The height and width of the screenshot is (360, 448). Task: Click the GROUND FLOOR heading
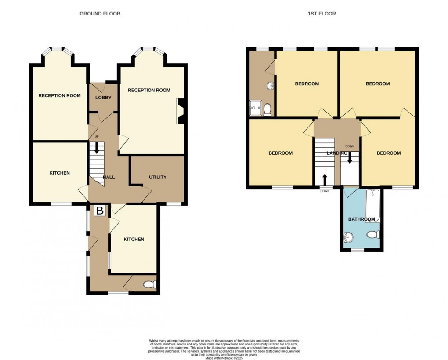[x=100, y=14]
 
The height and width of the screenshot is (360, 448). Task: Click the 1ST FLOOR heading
[x=322, y=14]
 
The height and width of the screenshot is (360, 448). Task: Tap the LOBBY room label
[x=103, y=98]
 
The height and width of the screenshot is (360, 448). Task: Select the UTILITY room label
[x=157, y=177]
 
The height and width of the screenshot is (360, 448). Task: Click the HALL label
[x=109, y=177]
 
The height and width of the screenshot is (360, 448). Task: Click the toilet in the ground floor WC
[x=150, y=284]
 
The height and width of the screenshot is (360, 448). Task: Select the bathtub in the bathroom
[x=373, y=205]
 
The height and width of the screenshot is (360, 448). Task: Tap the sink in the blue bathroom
[x=348, y=237]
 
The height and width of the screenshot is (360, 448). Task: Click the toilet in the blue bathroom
[x=373, y=235]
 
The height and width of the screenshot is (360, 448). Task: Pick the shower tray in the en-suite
[x=256, y=108]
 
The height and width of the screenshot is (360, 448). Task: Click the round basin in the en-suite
[x=271, y=85]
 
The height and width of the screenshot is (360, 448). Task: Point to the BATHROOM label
[x=361, y=219]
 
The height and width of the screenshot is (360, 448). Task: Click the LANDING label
[x=337, y=153]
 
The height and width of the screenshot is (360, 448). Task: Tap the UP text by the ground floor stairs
[x=97, y=136]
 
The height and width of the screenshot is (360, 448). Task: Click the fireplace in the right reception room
[x=180, y=111]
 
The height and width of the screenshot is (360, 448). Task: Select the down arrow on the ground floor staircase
[x=97, y=147]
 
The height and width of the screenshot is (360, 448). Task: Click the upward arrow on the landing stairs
[x=325, y=180]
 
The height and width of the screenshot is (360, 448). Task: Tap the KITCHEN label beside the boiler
[x=134, y=239]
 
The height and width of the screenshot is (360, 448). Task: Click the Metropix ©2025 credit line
[x=224, y=358]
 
